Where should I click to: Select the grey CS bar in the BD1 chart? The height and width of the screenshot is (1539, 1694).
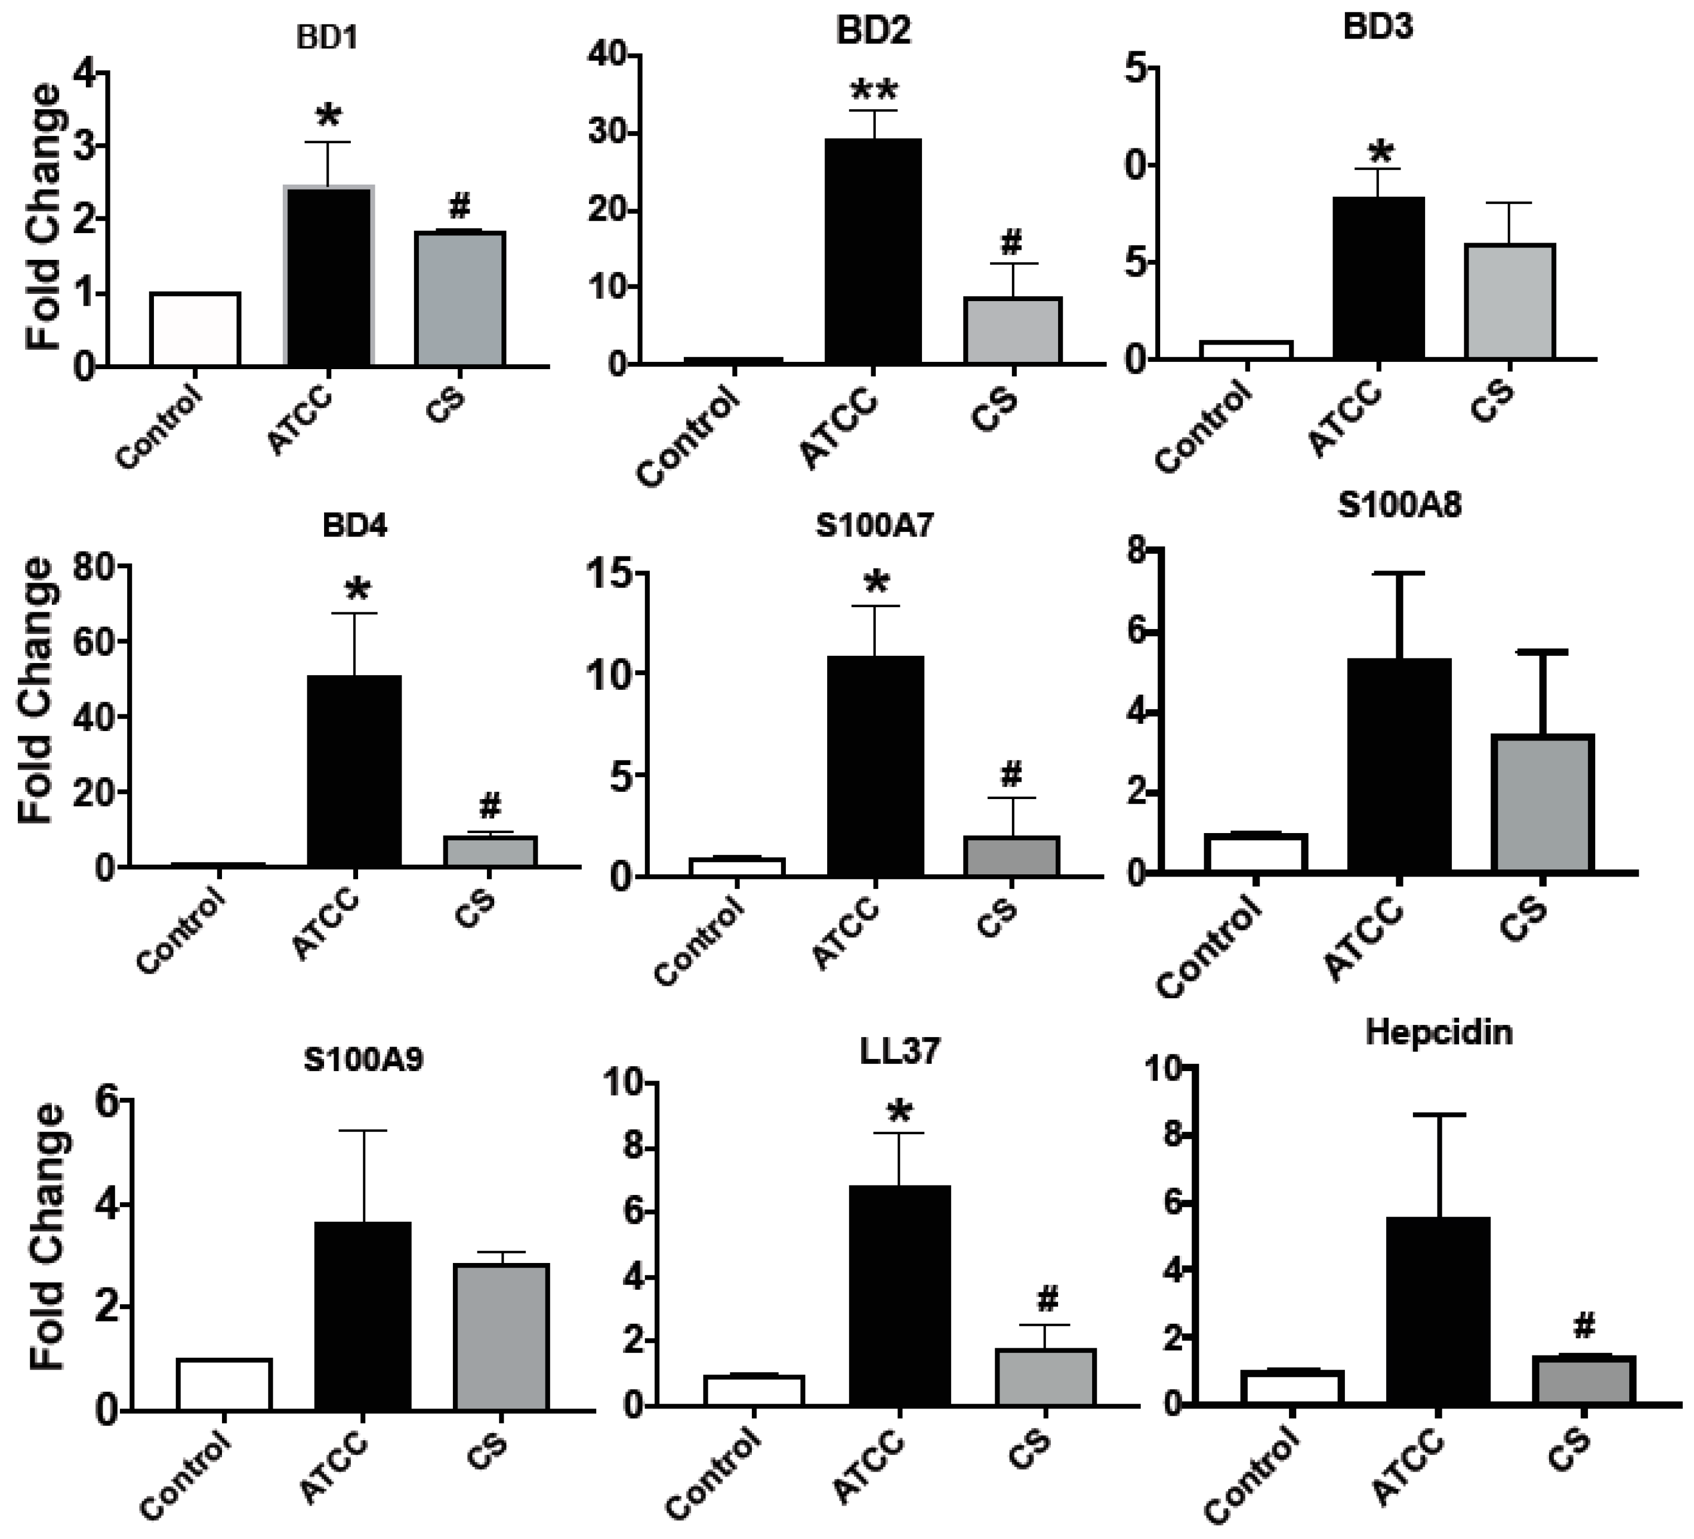460,298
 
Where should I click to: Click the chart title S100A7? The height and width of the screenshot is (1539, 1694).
874,525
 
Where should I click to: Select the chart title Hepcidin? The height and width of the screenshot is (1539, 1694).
1439,1031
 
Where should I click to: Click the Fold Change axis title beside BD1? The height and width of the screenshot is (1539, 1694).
42,217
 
